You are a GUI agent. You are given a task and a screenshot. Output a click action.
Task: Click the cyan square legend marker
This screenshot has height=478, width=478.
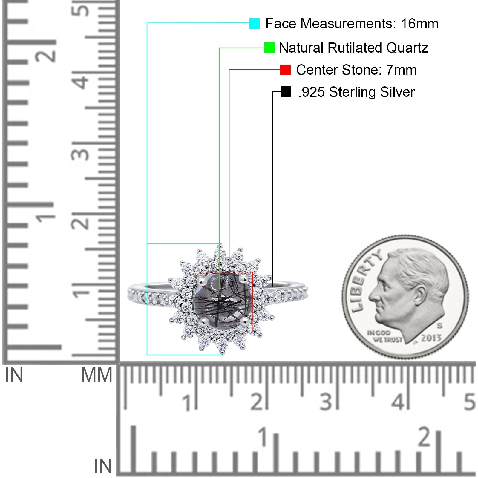(255, 23)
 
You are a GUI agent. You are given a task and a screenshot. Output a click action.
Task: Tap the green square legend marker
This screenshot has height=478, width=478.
(269, 48)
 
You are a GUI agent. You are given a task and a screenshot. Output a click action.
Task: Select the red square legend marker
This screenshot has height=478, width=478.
(285, 70)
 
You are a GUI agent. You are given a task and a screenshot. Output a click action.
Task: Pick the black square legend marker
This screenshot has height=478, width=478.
(286, 92)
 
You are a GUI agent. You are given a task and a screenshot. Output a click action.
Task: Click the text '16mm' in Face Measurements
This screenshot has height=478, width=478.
(419, 24)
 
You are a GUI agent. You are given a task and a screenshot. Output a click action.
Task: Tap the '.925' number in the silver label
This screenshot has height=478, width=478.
(312, 92)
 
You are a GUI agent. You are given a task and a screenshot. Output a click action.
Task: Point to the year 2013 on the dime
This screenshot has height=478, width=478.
(431, 338)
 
